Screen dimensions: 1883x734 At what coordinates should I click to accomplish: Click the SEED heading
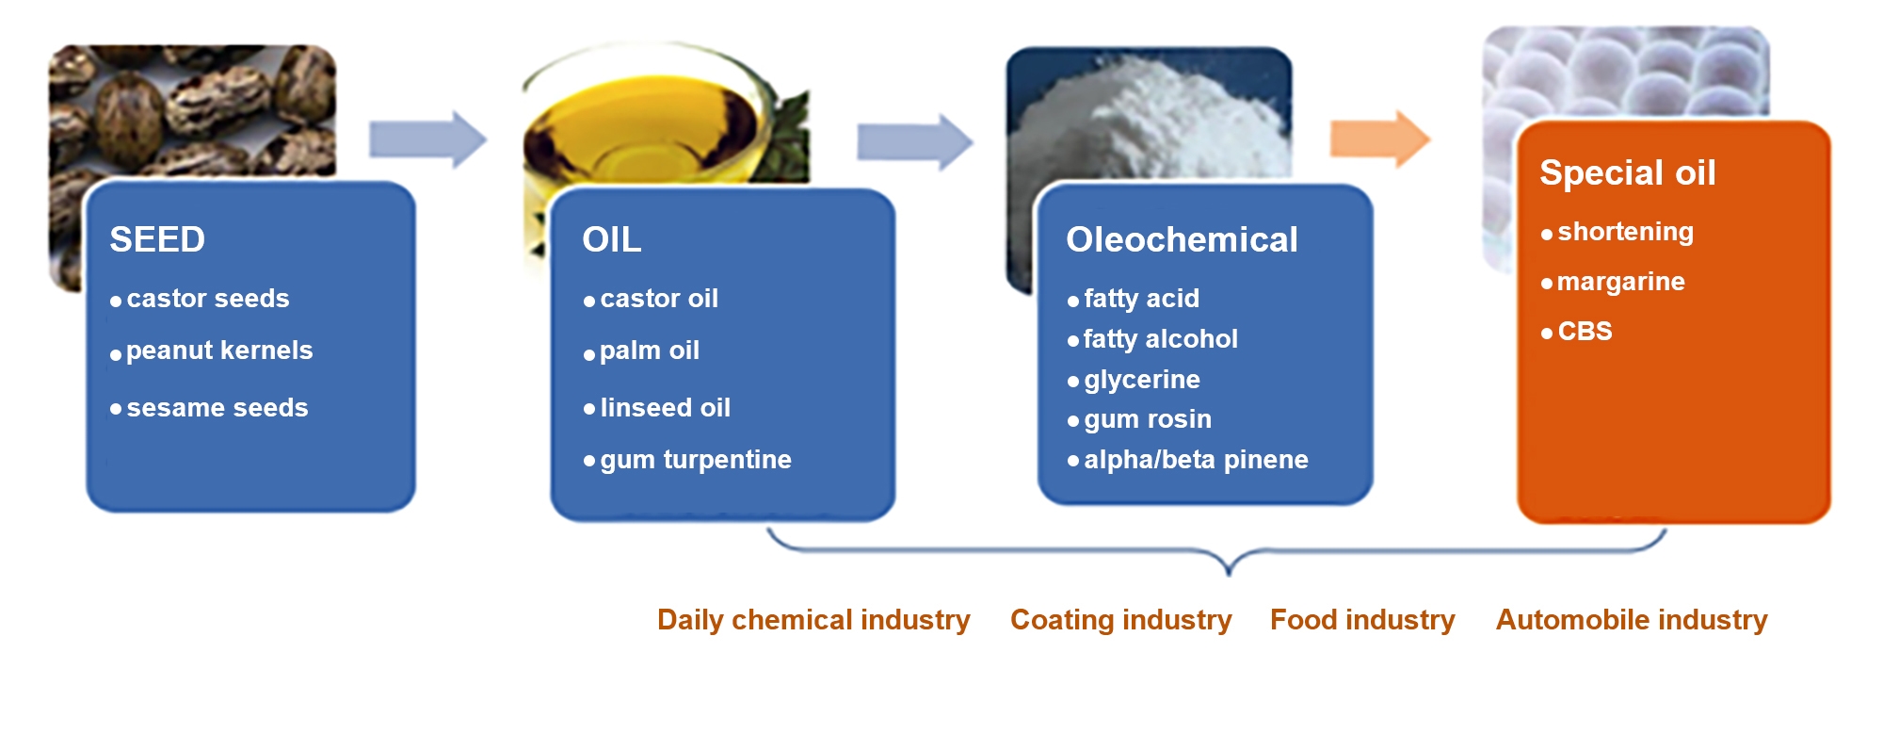point(157,239)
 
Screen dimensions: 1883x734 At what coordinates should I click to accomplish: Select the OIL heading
point(612,239)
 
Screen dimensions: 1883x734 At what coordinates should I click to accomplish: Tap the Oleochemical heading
point(1182,239)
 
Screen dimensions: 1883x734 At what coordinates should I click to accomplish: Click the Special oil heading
point(1628,172)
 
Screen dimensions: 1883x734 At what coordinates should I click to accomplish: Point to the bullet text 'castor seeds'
point(208,299)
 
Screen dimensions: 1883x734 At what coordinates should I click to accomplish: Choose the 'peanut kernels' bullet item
point(219,351)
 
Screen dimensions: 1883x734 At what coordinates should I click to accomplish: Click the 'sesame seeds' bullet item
point(217,408)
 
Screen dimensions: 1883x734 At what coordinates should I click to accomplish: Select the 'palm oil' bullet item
point(650,351)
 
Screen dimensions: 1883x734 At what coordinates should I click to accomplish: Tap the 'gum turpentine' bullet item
point(696,460)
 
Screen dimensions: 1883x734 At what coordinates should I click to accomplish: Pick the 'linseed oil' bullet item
point(666,408)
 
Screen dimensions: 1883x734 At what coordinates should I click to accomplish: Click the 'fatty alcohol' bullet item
point(1161,339)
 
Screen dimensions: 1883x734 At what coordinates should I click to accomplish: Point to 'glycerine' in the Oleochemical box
point(1142,380)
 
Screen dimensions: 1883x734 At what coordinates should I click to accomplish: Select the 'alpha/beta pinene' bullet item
point(1196,460)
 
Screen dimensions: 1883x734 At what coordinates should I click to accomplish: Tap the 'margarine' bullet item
point(1621,282)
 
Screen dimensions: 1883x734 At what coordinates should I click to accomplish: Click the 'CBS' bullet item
point(1585,332)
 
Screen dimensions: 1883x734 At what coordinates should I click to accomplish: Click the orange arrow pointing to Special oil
point(1380,139)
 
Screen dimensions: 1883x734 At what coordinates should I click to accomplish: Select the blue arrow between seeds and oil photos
point(427,139)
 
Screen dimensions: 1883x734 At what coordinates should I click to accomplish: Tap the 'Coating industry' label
point(1121,620)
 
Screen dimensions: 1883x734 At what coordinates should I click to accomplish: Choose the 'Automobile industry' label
point(1632,620)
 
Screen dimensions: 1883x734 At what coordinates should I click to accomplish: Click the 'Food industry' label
point(1362,620)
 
